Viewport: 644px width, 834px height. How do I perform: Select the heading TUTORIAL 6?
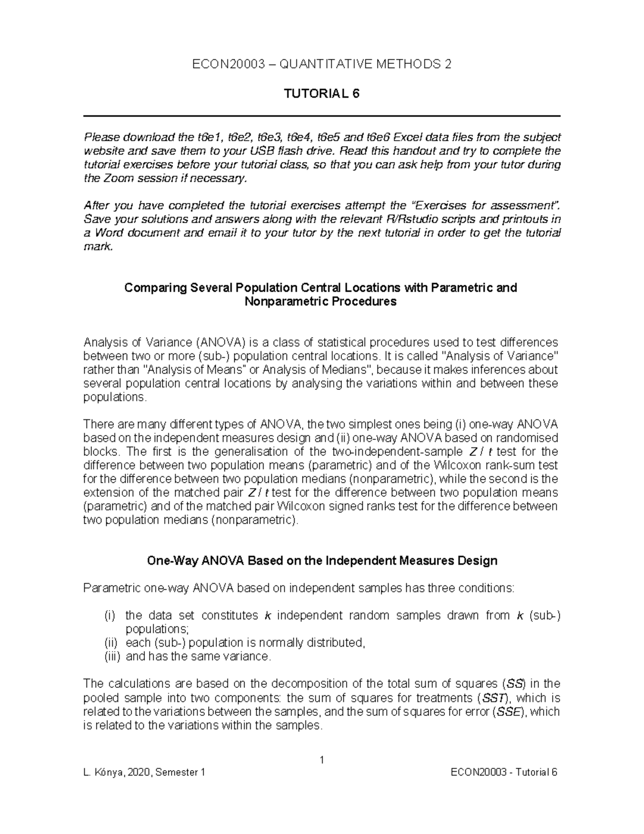321,94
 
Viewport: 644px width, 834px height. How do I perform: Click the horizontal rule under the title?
322,116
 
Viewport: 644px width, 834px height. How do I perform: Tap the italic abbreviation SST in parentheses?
494,698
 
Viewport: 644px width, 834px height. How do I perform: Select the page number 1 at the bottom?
322,760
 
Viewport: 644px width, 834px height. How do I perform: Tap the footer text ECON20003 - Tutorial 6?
504,773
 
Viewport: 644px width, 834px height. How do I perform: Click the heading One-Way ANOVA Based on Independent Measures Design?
322,561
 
